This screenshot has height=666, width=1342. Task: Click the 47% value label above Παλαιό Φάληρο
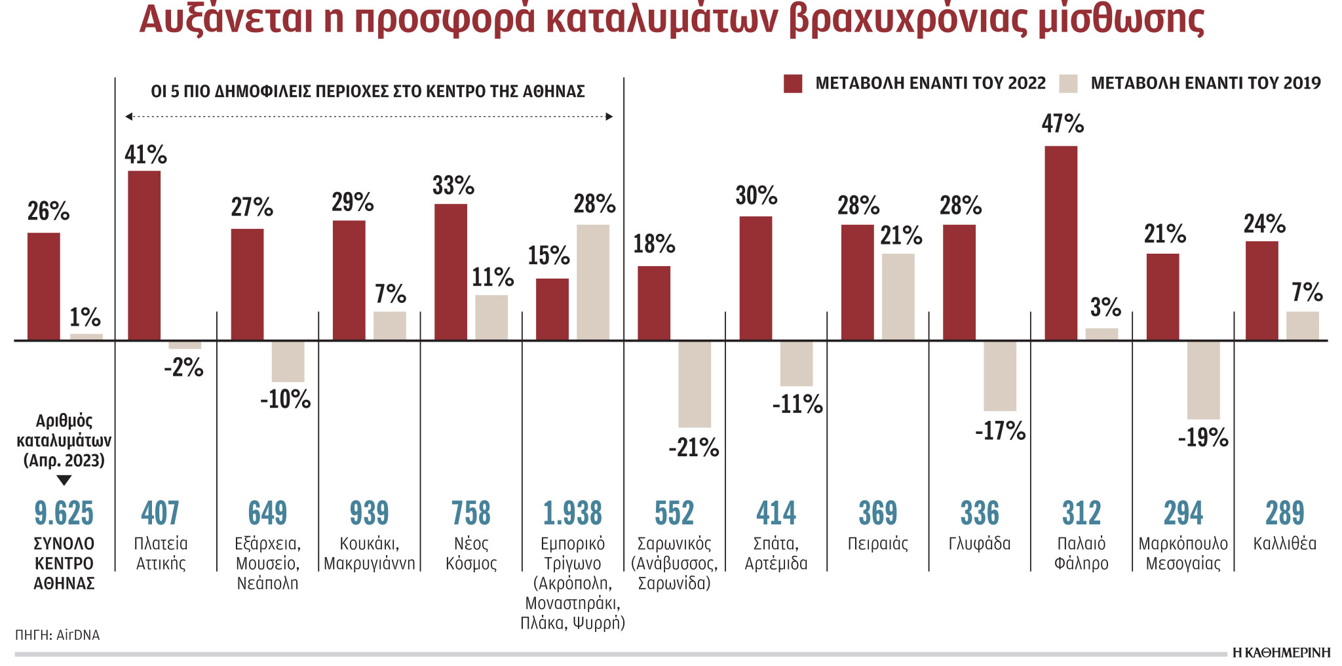[x=1062, y=124]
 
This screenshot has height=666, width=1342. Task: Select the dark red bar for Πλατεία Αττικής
[x=144, y=256]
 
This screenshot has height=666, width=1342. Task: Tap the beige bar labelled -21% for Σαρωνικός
[x=695, y=384]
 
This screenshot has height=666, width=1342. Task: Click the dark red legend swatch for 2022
[x=793, y=84]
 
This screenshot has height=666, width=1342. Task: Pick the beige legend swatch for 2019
[x=1068, y=84]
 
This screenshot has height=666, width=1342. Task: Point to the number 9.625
[x=64, y=513]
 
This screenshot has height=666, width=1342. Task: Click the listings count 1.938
[x=572, y=513]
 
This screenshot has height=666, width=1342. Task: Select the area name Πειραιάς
[x=877, y=544]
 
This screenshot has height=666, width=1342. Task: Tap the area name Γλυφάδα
[x=980, y=544]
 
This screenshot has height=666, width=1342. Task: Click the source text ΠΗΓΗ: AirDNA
[x=58, y=635]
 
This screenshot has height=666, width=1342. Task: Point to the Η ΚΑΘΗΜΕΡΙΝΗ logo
[x=1281, y=653]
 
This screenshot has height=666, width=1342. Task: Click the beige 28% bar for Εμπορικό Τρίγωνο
[x=593, y=282]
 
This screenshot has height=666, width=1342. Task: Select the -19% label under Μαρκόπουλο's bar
[x=1202, y=438]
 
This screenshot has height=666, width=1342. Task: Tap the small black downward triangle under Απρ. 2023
[x=64, y=480]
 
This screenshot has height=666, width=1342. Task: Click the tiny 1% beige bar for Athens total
[x=86, y=337]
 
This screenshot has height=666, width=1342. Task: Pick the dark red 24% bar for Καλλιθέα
[x=1261, y=290]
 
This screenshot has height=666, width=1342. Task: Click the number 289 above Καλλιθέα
[x=1284, y=513]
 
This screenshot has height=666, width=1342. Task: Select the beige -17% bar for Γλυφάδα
[x=1000, y=376]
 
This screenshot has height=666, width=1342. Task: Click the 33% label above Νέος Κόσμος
[x=453, y=186]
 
